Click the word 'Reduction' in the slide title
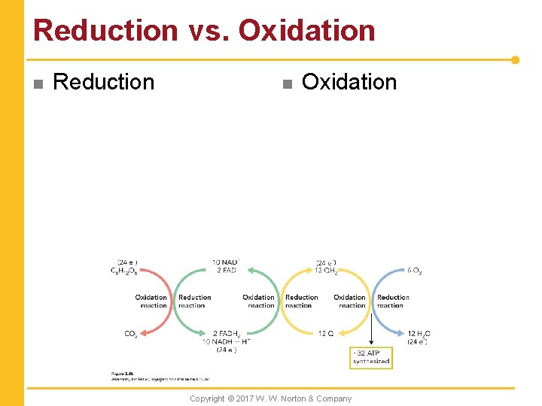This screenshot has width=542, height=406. [x=105, y=31]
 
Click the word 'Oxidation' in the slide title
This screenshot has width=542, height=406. [x=306, y=31]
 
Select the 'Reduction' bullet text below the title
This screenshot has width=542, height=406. [x=104, y=82]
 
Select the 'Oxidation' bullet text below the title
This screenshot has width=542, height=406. [x=349, y=82]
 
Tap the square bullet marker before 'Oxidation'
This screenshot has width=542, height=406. [x=286, y=83]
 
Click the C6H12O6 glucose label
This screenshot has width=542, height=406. [x=124, y=271]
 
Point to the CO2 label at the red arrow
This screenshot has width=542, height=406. [x=131, y=334]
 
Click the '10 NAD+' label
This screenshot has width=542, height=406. [x=225, y=262]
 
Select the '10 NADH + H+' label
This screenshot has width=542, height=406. [x=226, y=341]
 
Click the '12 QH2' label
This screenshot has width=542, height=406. [x=327, y=271]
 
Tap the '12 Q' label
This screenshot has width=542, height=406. [x=326, y=334]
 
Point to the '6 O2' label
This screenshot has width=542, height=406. [x=415, y=271]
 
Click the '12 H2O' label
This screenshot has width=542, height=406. [x=419, y=334]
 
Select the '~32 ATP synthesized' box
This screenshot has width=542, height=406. [x=371, y=357]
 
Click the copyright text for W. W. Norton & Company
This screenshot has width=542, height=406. [x=270, y=398]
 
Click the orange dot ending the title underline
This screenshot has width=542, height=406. [x=515, y=59]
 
